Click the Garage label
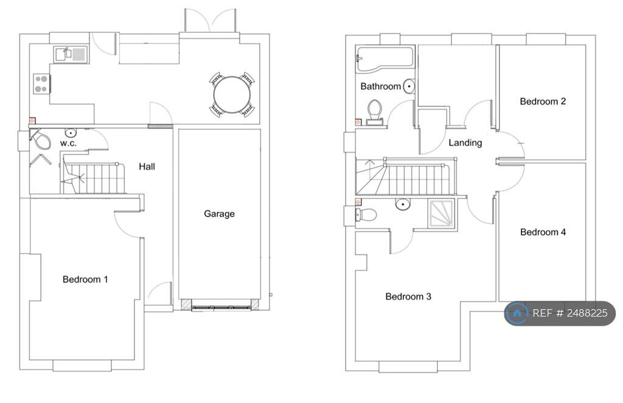tap(219, 214)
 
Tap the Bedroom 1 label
tap(85, 279)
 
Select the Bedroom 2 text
tap(543, 101)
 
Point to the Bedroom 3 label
tap(408, 296)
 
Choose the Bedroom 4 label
tap(543, 232)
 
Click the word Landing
tap(465, 143)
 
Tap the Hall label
tap(147, 166)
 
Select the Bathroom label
tap(380, 86)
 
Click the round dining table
tap(232, 94)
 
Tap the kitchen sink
tap(71, 54)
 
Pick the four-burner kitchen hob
tap(41, 83)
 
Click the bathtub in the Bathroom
tap(385, 59)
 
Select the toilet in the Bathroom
tap(374, 111)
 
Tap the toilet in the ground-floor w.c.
tap(41, 141)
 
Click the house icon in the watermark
tap(517, 314)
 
